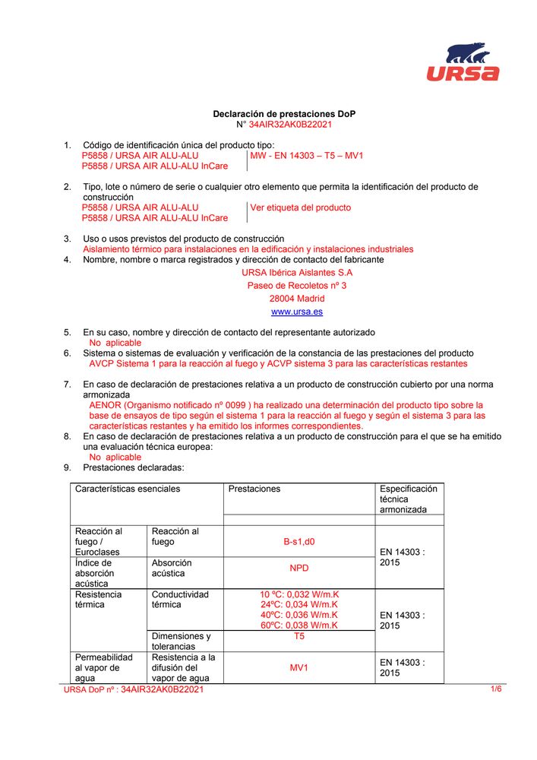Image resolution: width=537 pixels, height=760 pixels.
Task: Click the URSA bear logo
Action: [x=462, y=62]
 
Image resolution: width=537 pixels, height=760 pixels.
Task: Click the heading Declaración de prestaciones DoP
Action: [x=283, y=114]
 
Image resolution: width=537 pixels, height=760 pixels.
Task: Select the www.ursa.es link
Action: [x=296, y=312]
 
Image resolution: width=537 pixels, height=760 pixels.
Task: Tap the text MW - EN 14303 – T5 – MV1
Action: [x=307, y=156]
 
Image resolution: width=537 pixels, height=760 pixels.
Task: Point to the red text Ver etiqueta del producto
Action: [x=301, y=207]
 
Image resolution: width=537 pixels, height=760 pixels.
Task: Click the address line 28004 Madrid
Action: [x=296, y=299]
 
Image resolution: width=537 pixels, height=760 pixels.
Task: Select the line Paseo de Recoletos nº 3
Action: [x=296, y=286]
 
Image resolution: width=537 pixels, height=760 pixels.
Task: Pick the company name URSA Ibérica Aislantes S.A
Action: [x=296, y=272]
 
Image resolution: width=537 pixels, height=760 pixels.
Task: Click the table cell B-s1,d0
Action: [x=299, y=542]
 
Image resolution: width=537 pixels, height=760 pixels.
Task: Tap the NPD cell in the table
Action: [x=299, y=568]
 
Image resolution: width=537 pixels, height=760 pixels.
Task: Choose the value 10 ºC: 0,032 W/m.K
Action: [x=299, y=594]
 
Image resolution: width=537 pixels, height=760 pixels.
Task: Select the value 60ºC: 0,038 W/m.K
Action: [x=299, y=625]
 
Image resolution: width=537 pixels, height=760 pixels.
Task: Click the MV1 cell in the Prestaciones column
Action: [x=299, y=668]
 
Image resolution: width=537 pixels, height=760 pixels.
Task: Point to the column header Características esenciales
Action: [x=128, y=489]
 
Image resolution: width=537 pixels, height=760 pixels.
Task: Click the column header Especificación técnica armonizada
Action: [x=408, y=499]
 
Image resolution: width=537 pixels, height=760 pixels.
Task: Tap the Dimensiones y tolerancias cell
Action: [x=181, y=641]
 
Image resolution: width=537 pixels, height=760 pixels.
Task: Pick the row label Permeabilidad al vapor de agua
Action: [x=103, y=667]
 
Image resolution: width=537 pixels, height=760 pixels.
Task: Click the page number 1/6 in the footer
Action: [x=496, y=689]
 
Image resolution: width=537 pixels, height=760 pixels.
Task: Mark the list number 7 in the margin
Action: [x=67, y=385]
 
